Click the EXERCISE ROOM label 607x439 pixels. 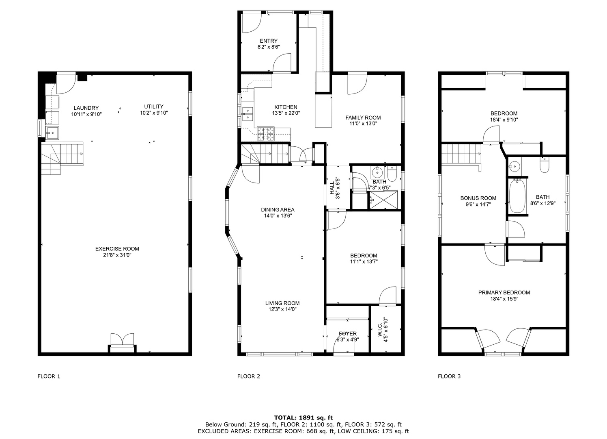[x=117, y=249]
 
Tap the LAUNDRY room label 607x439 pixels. [x=86, y=108]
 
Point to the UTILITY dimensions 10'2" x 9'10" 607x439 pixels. [x=154, y=113]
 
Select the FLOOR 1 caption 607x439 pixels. [x=49, y=376]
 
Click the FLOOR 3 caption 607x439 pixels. [x=449, y=376]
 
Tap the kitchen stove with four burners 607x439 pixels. [x=266, y=134]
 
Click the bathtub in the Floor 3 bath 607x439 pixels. [x=517, y=196]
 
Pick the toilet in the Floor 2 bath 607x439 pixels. [x=392, y=174]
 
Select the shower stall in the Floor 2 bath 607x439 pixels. [x=384, y=200]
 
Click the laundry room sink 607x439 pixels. [x=52, y=133]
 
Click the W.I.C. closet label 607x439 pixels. [x=380, y=330]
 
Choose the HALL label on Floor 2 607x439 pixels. [x=332, y=188]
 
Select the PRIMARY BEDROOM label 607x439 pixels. [x=504, y=292]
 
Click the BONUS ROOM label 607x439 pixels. [x=478, y=198]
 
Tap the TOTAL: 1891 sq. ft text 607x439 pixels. [x=303, y=417]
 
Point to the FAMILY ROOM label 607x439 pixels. [x=363, y=117]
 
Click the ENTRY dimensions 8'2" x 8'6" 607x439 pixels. [x=269, y=47]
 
